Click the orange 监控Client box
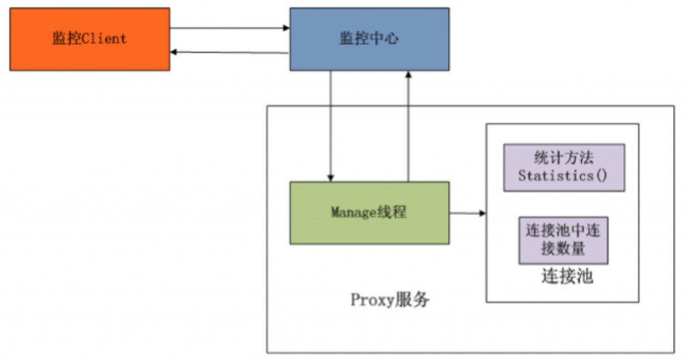(x=89, y=39)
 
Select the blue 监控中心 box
(x=369, y=39)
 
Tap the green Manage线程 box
(x=369, y=213)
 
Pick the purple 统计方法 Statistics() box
(x=563, y=168)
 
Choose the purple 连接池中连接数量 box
(x=563, y=240)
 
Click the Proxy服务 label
(x=390, y=300)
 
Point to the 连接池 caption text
(x=567, y=276)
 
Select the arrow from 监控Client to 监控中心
(x=229, y=28)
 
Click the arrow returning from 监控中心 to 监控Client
(x=229, y=52)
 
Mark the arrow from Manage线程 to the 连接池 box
(x=467, y=213)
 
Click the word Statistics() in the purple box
(x=563, y=176)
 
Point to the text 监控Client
(x=89, y=39)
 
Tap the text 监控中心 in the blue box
(x=369, y=39)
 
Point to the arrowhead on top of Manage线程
(x=330, y=178)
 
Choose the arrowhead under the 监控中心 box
(x=407, y=74)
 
